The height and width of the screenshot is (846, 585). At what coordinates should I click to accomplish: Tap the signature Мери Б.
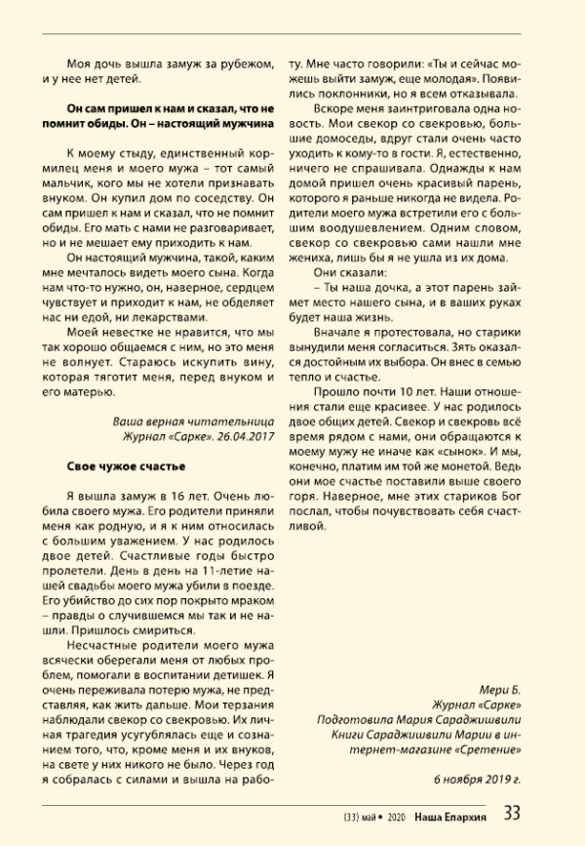(x=506, y=686)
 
